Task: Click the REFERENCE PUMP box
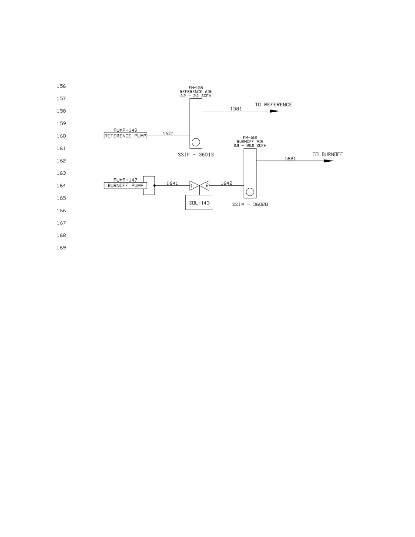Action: tap(125, 136)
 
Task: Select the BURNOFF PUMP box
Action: tap(125, 186)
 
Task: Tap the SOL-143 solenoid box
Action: tap(199, 203)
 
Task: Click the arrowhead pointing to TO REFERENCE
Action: tap(274, 111)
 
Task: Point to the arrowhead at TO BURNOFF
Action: tap(329, 161)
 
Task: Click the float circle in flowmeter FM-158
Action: tap(196, 142)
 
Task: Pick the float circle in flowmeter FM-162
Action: tap(250, 192)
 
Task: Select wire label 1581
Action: tap(236, 109)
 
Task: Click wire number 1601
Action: tap(168, 133)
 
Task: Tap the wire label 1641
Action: tap(172, 183)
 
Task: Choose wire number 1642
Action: tap(226, 183)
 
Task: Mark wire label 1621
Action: tap(290, 158)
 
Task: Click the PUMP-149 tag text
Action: tap(125, 130)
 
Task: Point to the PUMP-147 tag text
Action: tap(125, 180)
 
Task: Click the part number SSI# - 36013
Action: tap(196, 155)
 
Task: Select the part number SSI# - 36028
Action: tap(250, 204)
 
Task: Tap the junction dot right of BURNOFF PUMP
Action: tap(154, 186)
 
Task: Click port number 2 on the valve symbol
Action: tap(207, 186)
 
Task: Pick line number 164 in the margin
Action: tap(61, 186)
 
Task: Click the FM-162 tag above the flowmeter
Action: tap(250, 137)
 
